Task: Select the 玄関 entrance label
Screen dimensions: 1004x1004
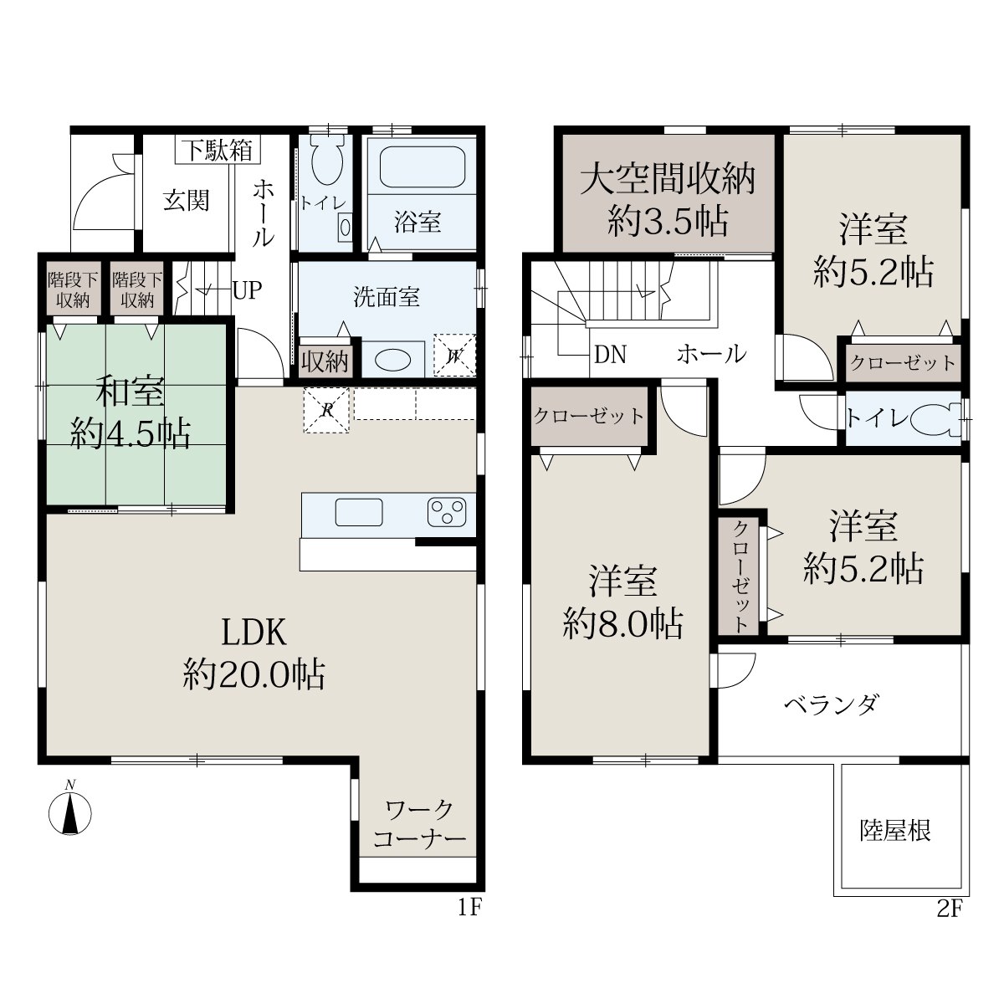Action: [x=186, y=201]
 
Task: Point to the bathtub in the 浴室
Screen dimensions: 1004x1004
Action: [x=422, y=166]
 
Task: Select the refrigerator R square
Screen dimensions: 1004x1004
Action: [x=326, y=410]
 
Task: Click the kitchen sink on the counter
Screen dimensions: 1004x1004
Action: [x=358, y=512]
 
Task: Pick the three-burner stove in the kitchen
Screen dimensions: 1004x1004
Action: [x=446, y=513]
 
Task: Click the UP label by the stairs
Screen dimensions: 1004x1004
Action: [x=247, y=290]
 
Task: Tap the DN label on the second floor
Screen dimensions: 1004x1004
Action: [x=610, y=355]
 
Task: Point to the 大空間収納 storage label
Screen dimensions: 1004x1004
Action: [x=668, y=180]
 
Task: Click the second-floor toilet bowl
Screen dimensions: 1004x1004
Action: [x=939, y=419]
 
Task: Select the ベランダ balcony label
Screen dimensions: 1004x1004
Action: [x=832, y=705]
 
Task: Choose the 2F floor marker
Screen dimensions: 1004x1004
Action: [x=950, y=909]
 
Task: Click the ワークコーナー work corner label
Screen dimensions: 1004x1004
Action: [x=419, y=825]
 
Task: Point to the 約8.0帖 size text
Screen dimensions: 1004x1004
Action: [x=622, y=625]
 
